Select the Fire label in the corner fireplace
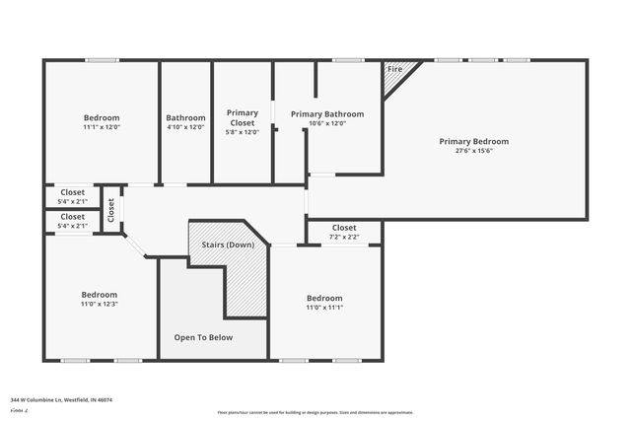(x=394, y=70)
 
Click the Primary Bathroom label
(x=327, y=114)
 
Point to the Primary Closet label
(x=242, y=117)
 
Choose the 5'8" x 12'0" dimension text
(x=242, y=132)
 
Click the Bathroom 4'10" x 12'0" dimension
(x=185, y=127)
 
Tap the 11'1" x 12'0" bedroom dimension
(x=102, y=127)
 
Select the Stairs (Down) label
(x=228, y=244)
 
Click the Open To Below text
(x=203, y=337)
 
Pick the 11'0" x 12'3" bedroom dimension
(x=100, y=305)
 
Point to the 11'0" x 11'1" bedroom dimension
(x=324, y=308)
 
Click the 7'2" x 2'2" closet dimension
(x=344, y=237)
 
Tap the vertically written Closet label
(x=111, y=208)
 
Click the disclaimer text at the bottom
(x=315, y=412)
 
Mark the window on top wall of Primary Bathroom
(x=348, y=60)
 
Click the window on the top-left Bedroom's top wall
(x=102, y=60)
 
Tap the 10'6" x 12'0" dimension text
(x=327, y=124)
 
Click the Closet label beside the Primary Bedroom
(x=344, y=227)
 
